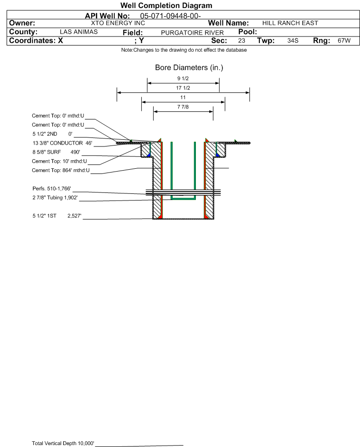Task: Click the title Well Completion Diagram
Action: tap(166, 5)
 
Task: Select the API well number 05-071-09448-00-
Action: tap(171, 16)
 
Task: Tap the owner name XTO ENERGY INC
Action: tap(118, 23)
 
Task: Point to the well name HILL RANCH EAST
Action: tap(290, 23)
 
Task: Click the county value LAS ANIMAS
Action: tap(79, 32)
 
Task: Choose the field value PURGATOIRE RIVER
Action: tap(192, 33)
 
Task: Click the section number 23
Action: tap(241, 40)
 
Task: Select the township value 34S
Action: tap(293, 40)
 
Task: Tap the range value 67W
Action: tap(344, 40)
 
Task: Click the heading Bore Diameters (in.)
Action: tap(189, 68)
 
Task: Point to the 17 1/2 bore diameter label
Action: tap(183, 88)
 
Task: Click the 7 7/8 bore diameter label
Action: tap(183, 107)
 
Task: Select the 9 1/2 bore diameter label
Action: tap(183, 78)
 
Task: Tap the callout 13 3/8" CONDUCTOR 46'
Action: tap(63, 143)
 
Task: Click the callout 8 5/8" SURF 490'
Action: tap(56, 152)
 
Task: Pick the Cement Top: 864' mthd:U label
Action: tap(61, 171)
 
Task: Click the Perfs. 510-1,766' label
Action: tap(52, 189)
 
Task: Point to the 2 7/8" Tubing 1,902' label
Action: tap(55, 198)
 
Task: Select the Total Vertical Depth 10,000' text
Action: tap(63, 443)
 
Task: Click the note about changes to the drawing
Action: tap(184, 50)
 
